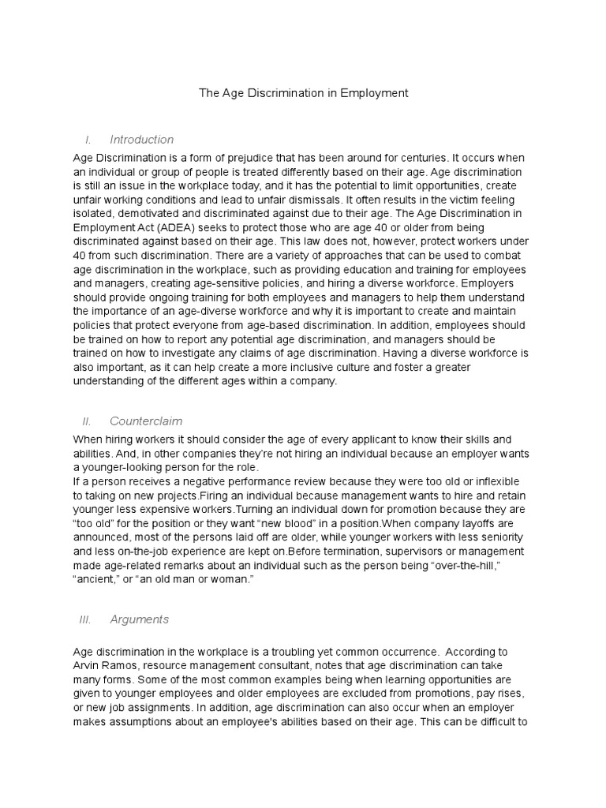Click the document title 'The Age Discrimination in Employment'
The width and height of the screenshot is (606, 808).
coord(303,93)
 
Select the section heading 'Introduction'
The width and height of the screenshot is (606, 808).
coord(141,140)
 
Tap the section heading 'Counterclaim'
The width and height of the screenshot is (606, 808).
coord(146,421)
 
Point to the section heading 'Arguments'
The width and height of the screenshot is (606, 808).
coord(139,619)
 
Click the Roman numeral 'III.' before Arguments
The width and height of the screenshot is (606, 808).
coord(86,619)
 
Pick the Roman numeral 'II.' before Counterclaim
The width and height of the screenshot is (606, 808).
coord(88,421)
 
